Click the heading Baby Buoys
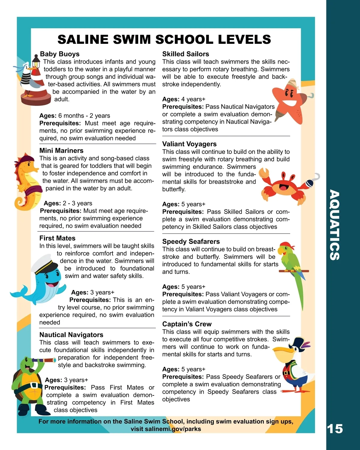point(60,54)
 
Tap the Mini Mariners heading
point(61,151)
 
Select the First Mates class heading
point(57,238)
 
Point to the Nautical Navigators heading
point(71,335)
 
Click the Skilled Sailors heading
point(186,54)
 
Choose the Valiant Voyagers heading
point(189,144)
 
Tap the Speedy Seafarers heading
point(191,241)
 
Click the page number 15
point(334,429)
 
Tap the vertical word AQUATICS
point(334,225)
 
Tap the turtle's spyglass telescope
point(45,360)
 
